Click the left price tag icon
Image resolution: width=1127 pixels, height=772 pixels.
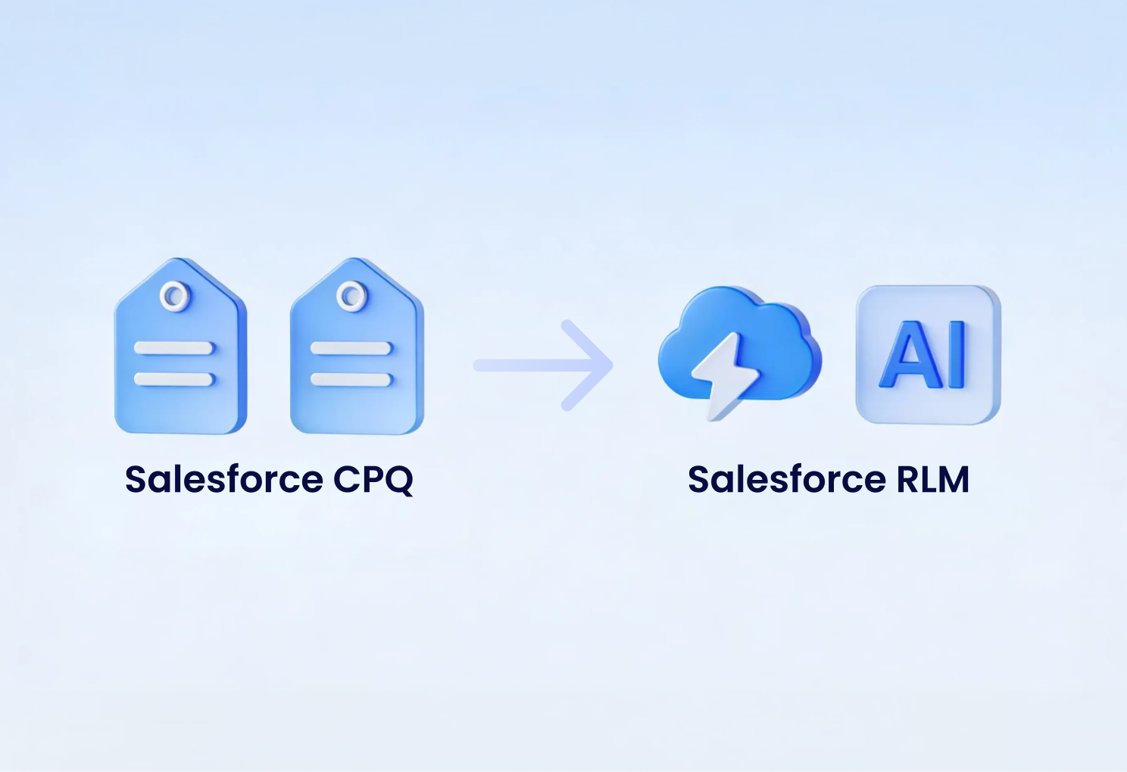(x=180, y=356)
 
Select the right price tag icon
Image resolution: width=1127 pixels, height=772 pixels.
(x=357, y=356)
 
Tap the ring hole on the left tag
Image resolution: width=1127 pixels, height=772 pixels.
(x=175, y=296)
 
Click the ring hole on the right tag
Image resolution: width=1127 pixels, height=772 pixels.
(x=351, y=296)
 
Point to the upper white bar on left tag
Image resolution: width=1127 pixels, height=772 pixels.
(x=174, y=348)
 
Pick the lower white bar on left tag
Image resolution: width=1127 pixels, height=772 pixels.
(x=174, y=378)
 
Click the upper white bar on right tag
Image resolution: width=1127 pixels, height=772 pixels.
(x=351, y=348)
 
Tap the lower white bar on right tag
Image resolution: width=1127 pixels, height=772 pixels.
(x=351, y=378)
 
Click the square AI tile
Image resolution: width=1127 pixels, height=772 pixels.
(x=928, y=354)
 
